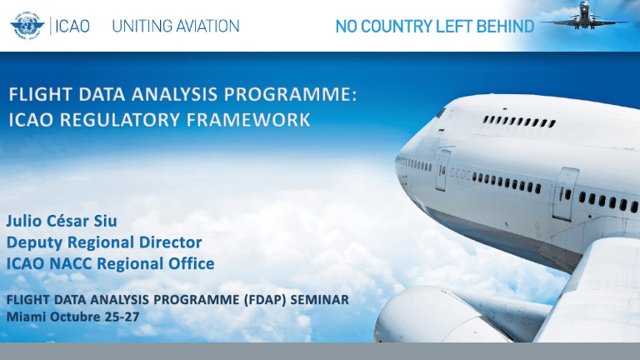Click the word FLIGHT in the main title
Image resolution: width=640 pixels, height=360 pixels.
[42, 98]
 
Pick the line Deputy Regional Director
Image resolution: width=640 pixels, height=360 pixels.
[104, 242]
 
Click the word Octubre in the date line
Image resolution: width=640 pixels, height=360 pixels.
[76, 317]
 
